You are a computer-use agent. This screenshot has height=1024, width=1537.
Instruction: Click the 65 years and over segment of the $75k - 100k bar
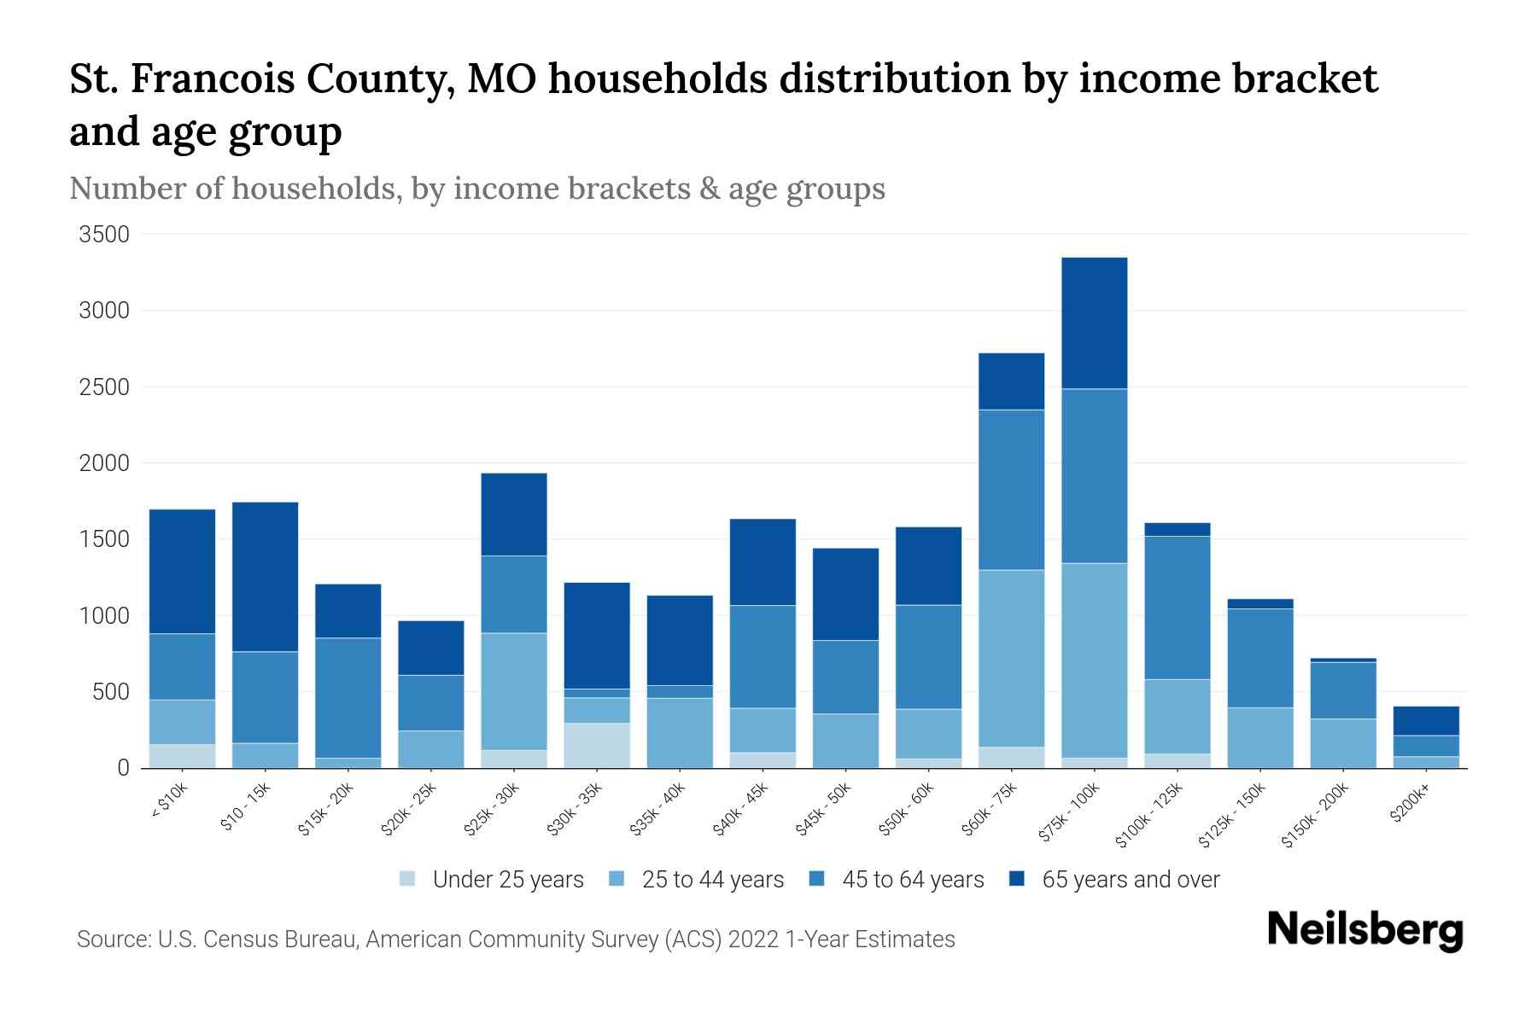point(1094,323)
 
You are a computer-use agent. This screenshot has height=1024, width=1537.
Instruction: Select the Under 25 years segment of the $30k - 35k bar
point(597,745)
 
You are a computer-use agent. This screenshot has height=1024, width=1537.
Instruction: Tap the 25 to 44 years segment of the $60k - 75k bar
point(1011,658)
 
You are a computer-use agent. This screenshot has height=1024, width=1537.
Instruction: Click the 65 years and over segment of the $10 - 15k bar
point(265,577)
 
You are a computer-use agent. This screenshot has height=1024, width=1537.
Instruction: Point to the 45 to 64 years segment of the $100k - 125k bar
point(1177,608)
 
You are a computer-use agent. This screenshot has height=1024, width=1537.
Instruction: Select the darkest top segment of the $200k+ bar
point(1425,720)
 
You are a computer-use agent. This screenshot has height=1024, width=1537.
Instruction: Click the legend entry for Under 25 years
point(508,880)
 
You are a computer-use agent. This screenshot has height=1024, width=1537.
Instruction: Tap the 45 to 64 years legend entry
point(912,880)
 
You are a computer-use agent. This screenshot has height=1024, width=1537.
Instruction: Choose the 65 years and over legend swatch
point(1017,879)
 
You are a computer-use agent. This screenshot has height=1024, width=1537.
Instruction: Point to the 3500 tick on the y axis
point(104,235)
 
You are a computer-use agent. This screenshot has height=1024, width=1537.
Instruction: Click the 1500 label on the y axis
point(104,539)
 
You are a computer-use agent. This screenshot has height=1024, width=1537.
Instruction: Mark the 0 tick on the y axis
point(123,768)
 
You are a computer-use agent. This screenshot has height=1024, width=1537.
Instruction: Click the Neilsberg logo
point(1365,930)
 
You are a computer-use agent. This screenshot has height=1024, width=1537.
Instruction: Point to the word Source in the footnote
point(113,940)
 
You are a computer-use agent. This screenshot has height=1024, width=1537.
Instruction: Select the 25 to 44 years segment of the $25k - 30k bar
point(513,691)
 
